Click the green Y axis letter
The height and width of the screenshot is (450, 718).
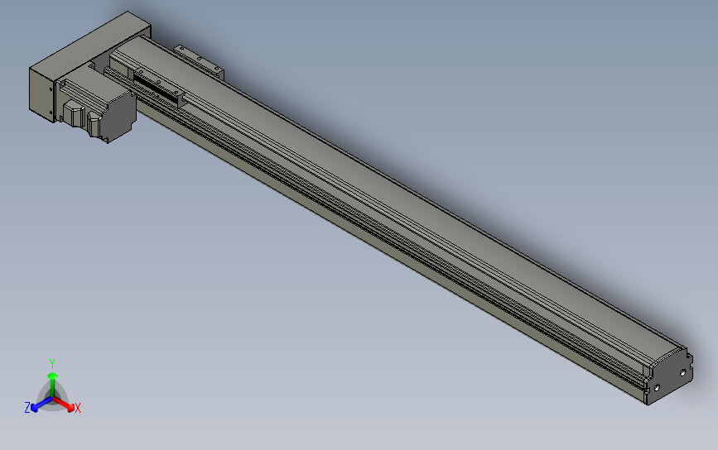pyautogui.click(x=52, y=363)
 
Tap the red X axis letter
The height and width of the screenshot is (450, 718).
pyautogui.click(x=77, y=408)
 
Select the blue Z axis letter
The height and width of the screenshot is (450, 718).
pyautogui.click(x=27, y=408)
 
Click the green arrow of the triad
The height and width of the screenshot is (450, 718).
pyautogui.click(x=52, y=378)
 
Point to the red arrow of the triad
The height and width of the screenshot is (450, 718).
pyautogui.click(x=66, y=405)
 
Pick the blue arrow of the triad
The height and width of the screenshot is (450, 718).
pyautogui.click(x=37, y=405)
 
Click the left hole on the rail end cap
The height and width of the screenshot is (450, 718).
pyautogui.click(x=658, y=386)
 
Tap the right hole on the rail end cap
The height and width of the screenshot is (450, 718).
pyautogui.click(x=683, y=373)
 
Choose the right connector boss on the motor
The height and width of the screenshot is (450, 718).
pyautogui.click(x=93, y=124)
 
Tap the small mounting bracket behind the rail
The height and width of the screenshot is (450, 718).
pyautogui.click(x=199, y=60)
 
